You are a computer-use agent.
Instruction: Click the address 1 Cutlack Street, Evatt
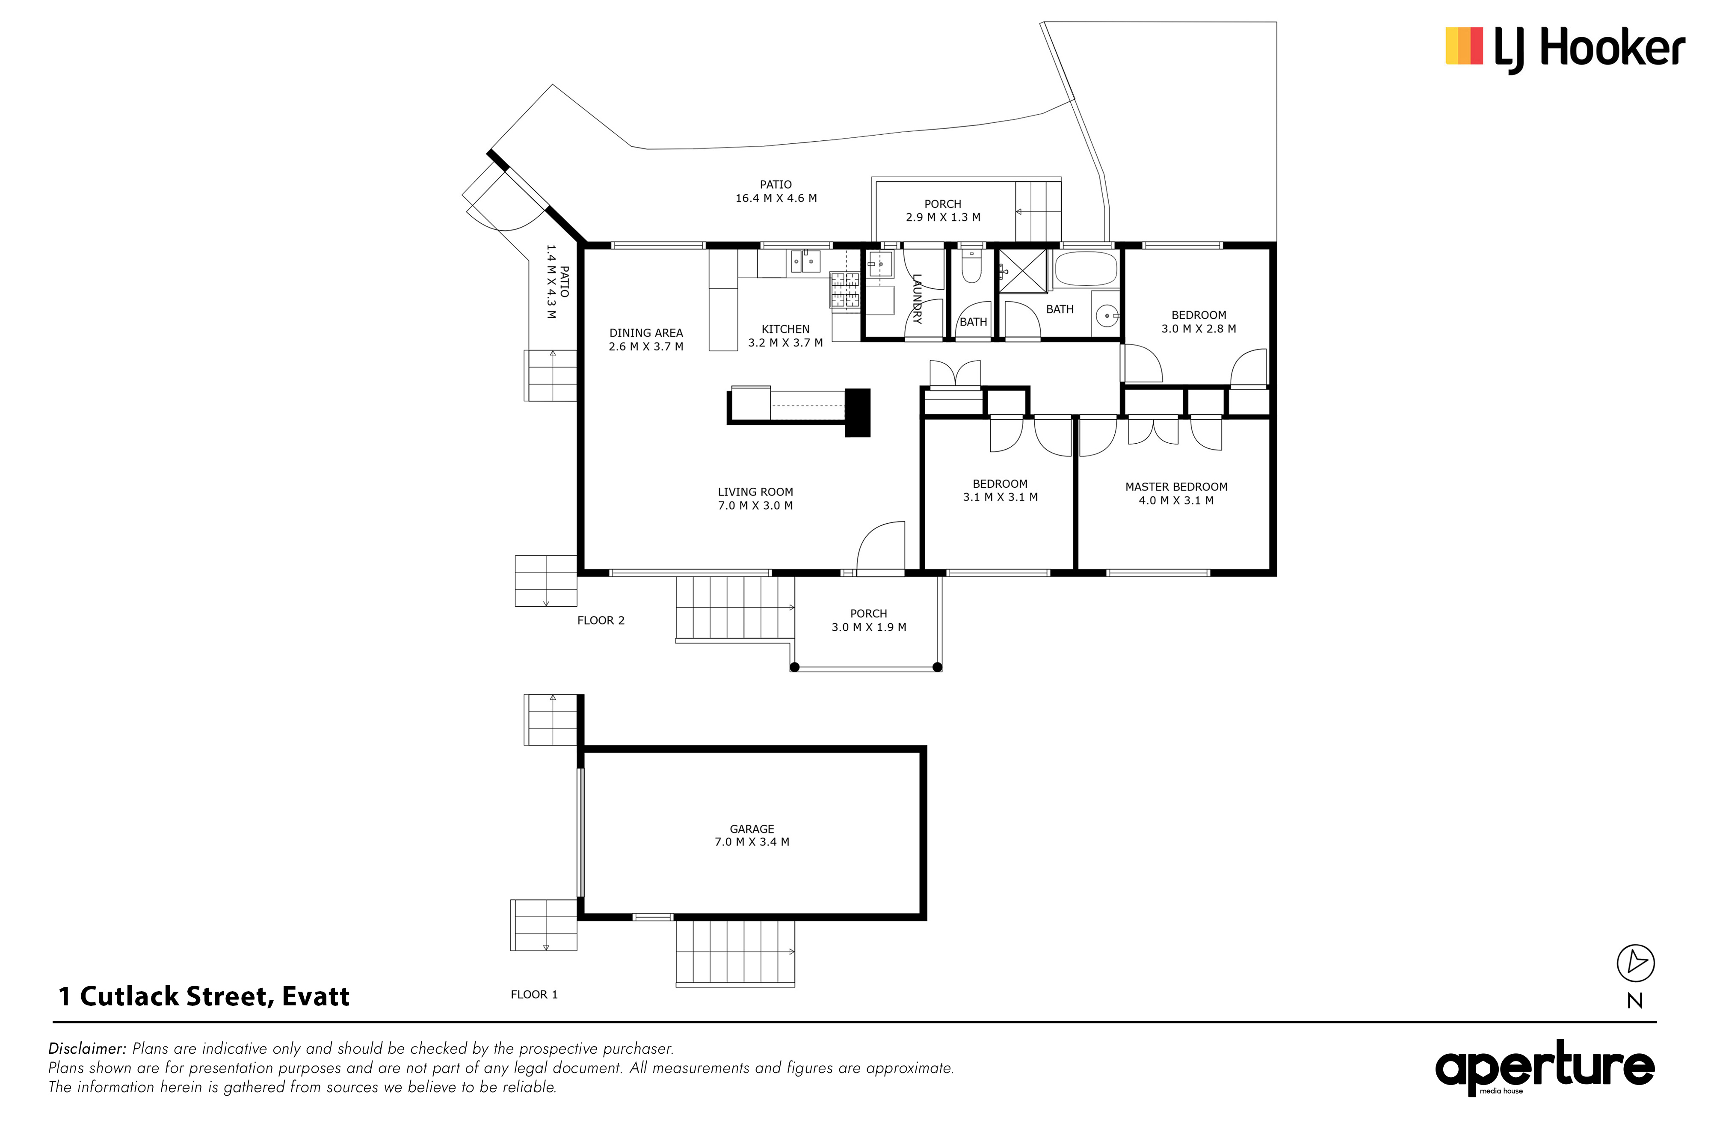(x=204, y=996)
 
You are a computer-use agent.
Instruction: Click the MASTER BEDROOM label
(x=1176, y=487)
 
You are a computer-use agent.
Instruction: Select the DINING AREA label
(x=646, y=333)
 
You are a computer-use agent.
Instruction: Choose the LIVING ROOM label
(x=755, y=492)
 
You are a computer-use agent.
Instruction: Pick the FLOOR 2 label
(x=601, y=621)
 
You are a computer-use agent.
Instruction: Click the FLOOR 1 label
(x=534, y=995)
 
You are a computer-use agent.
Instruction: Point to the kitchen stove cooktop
(x=844, y=290)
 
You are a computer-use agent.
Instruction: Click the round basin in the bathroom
(x=1107, y=316)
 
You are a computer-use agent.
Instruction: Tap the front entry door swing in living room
(x=881, y=546)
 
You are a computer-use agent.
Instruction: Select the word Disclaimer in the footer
(x=87, y=1049)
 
